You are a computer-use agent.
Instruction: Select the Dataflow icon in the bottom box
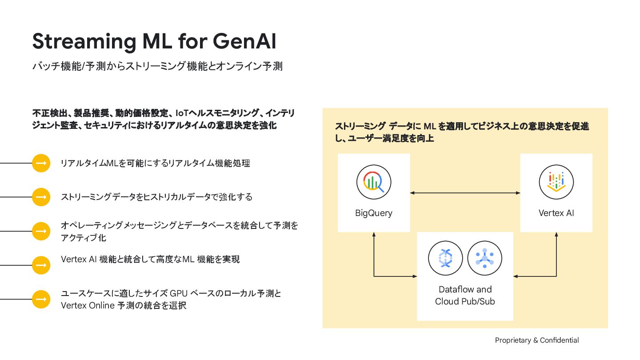click(x=445, y=258)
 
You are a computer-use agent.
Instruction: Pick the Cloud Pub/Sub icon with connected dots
click(x=484, y=258)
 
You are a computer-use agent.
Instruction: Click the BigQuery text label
click(x=374, y=213)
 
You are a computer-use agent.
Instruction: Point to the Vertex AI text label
click(x=556, y=213)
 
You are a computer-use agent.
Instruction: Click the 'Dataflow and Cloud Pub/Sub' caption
click(x=465, y=295)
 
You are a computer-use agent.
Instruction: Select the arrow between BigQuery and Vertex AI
click(x=465, y=193)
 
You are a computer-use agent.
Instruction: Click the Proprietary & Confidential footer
click(x=537, y=340)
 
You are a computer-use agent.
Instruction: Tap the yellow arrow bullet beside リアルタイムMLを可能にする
click(x=41, y=163)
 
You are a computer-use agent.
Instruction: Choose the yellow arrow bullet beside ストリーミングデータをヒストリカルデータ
click(x=41, y=197)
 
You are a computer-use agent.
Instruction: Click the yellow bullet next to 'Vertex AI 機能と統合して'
click(x=41, y=265)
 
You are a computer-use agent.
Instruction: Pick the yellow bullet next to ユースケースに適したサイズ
click(x=41, y=299)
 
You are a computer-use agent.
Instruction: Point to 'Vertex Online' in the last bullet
click(x=87, y=306)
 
